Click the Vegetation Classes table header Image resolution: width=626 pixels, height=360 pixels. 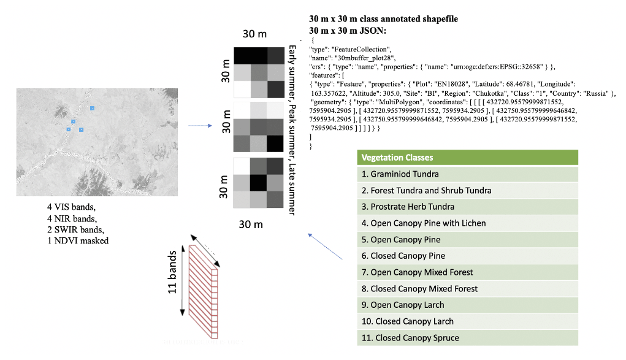(x=467, y=158)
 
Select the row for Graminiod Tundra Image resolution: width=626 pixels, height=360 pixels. (x=467, y=174)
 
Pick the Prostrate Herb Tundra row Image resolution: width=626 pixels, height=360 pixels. (x=467, y=207)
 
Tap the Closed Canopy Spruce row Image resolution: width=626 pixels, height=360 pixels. (x=467, y=338)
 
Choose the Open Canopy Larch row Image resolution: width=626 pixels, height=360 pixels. (x=467, y=305)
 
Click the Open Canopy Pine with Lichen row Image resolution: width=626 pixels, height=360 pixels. (x=467, y=223)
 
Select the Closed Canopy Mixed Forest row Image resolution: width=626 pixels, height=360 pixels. (x=467, y=289)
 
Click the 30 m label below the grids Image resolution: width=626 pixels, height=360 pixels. (x=251, y=224)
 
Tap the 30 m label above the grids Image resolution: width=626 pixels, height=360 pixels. (x=254, y=33)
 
